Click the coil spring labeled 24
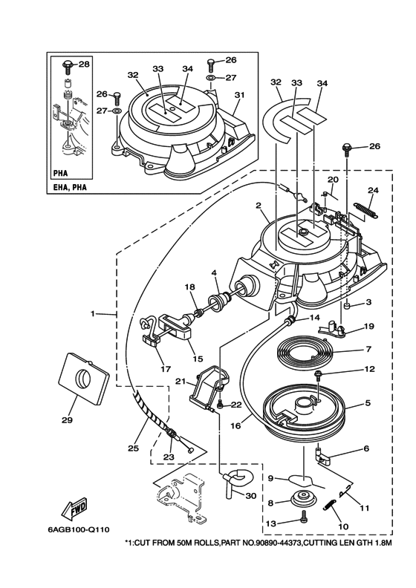(x=366, y=210)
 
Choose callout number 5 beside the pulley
(x=368, y=403)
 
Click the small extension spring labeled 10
(x=329, y=505)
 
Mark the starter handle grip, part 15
(x=175, y=324)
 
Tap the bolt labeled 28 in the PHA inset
(x=68, y=65)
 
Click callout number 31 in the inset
(x=239, y=95)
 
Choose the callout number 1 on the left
(x=93, y=313)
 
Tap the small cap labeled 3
(x=348, y=307)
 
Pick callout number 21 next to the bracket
(x=181, y=382)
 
